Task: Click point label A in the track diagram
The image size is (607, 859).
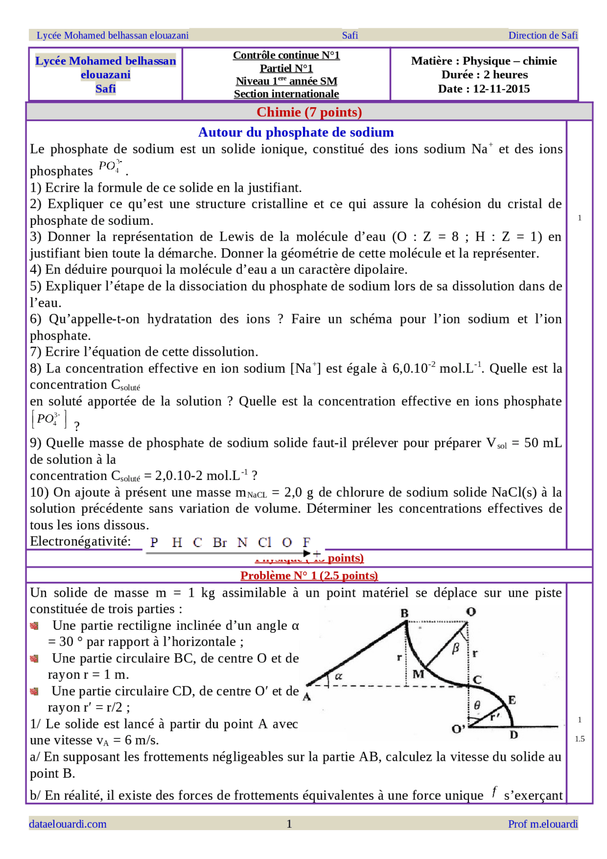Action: click(307, 697)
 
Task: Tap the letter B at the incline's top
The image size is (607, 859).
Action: click(405, 613)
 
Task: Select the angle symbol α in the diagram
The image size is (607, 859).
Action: click(339, 676)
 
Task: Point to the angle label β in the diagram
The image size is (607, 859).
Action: click(456, 648)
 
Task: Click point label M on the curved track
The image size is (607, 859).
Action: click(418, 674)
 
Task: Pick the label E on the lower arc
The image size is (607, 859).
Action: click(512, 700)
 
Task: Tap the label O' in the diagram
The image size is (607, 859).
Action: click(458, 729)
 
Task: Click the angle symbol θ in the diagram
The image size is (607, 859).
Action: click(477, 706)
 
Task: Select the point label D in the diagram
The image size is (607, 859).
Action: click(514, 735)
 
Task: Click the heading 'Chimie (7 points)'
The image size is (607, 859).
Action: click(309, 112)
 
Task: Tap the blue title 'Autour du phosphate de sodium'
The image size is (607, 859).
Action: click(296, 132)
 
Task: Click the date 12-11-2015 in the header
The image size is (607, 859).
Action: click(501, 89)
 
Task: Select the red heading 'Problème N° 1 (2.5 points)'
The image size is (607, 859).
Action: click(309, 575)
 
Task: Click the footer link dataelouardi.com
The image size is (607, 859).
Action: click(68, 824)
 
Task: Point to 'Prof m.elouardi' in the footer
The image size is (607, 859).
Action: click(543, 824)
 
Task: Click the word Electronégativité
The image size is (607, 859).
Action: click(81, 541)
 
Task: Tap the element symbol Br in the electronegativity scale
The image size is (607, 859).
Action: click(220, 542)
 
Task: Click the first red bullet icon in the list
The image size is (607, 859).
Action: click(34, 626)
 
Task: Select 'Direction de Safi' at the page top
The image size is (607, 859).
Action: click(543, 35)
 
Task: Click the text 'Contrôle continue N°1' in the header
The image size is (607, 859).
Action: click(286, 55)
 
